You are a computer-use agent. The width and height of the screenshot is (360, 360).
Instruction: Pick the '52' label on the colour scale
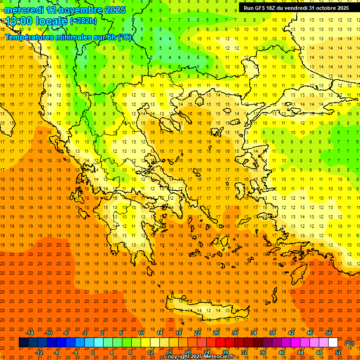pos(338,352)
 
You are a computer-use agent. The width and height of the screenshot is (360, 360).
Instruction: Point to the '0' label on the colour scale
pos(93,352)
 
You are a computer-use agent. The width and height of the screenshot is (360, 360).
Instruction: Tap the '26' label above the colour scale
pos(216,333)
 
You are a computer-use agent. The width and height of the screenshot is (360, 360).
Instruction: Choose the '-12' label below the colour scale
pos(39,352)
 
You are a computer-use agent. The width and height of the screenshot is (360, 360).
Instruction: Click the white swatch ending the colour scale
pos(333,343)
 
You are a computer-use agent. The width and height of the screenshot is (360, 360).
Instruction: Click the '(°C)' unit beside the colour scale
pos(349,343)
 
